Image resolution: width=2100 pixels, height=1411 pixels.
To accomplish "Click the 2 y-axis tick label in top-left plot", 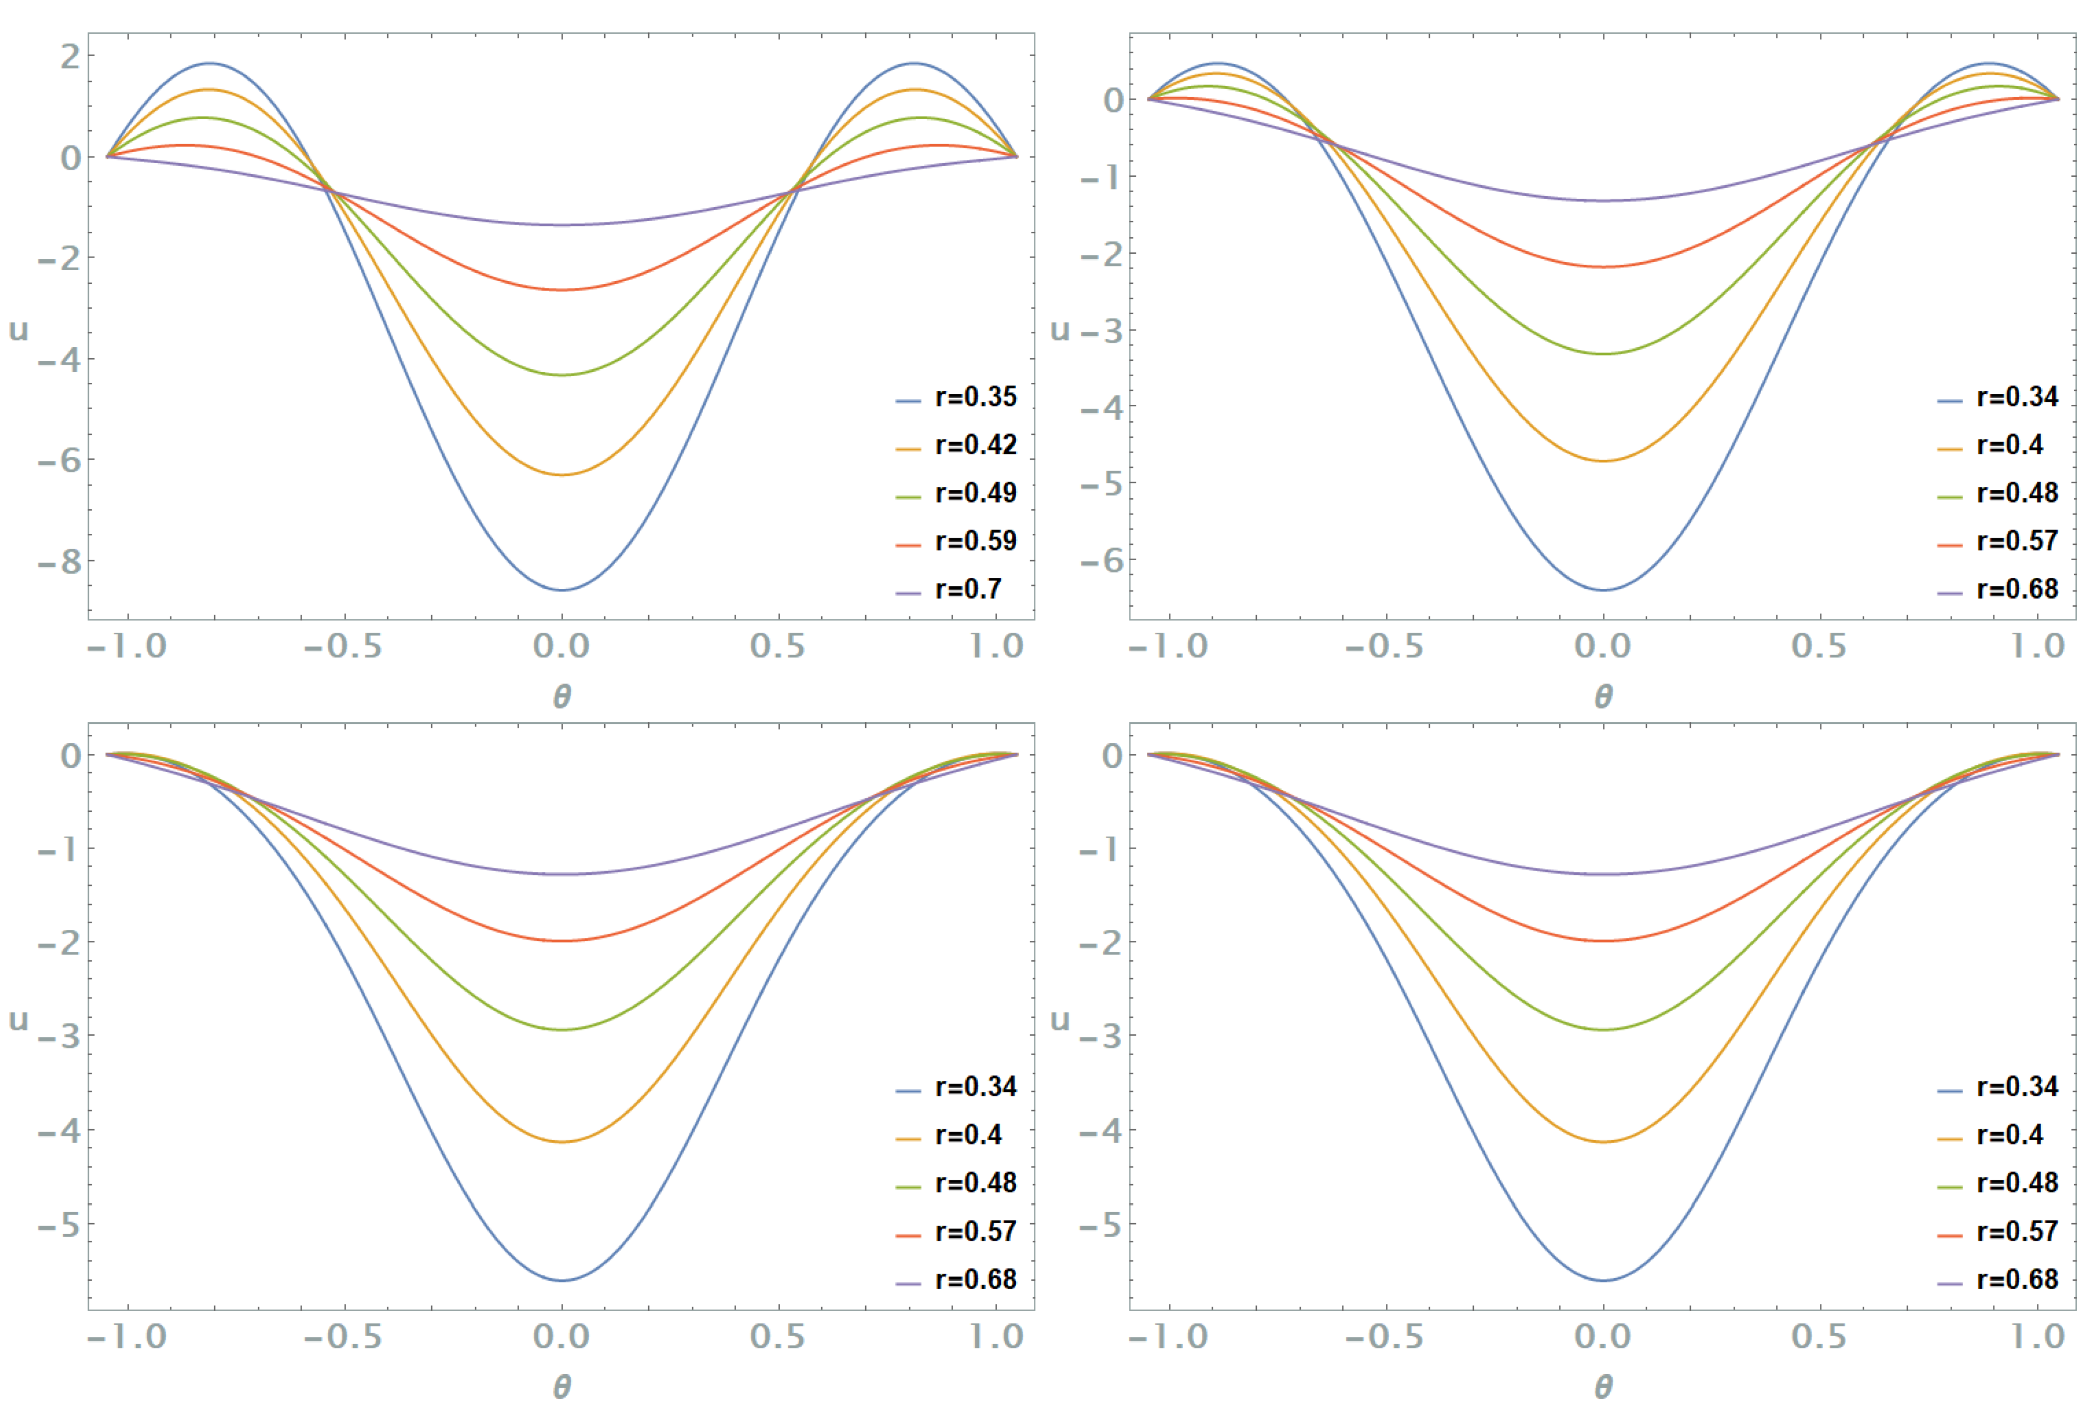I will pyautogui.click(x=69, y=57).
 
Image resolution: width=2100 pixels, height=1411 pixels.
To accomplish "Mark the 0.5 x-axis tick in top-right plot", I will pyautogui.click(x=1818, y=646).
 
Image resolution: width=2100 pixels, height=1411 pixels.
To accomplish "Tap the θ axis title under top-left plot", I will pyautogui.click(x=561, y=695).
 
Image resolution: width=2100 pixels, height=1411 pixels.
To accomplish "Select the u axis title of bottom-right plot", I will pyautogui.click(x=1060, y=1019).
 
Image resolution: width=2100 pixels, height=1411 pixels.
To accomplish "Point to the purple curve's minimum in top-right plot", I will pyautogui.click(x=1602, y=200).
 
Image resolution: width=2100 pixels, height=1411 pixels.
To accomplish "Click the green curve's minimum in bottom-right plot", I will pyautogui.click(x=1602, y=1029).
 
